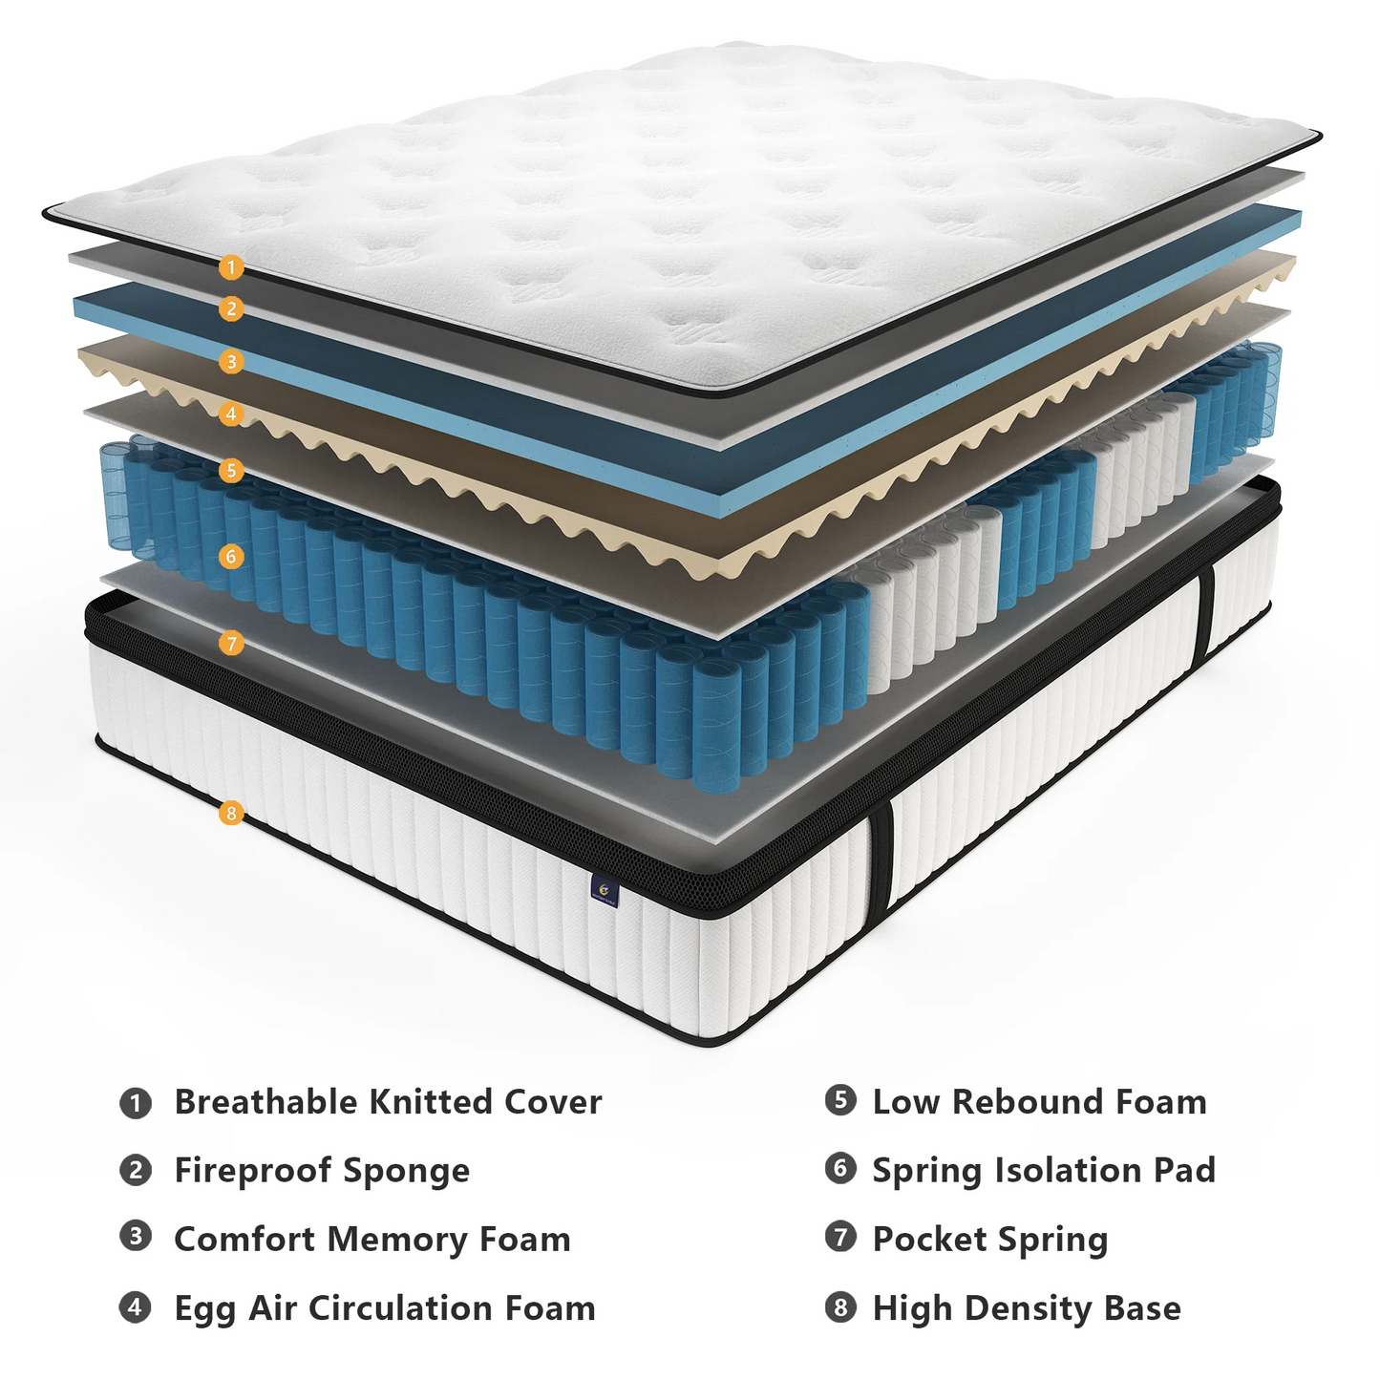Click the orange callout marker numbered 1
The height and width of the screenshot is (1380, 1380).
(x=231, y=267)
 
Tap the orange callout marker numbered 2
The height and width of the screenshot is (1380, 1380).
(x=231, y=308)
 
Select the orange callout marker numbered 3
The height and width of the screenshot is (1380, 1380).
(x=231, y=362)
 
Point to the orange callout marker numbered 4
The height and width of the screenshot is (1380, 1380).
(x=231, y=414)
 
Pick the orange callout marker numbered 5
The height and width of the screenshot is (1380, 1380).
(x=231, y=470)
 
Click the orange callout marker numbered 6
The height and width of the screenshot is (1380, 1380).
(x=231, y=556)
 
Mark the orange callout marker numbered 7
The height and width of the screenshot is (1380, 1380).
(x=231, y=644)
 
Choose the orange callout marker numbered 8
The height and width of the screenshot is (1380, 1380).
(x=231, y=814)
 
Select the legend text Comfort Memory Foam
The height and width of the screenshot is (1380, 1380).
(x=372, y=1240)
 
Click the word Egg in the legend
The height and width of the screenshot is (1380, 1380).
(x=204, y=1309)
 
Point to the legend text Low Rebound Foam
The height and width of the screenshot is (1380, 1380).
(x=1039, y=1102)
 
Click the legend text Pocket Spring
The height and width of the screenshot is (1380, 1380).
(x=990, y=1240)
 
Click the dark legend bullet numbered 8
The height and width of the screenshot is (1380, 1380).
(x=840, y=1306)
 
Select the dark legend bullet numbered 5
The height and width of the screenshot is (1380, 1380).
(x=840, y=1100)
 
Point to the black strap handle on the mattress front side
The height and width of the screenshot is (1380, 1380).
(x=880, y=855)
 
